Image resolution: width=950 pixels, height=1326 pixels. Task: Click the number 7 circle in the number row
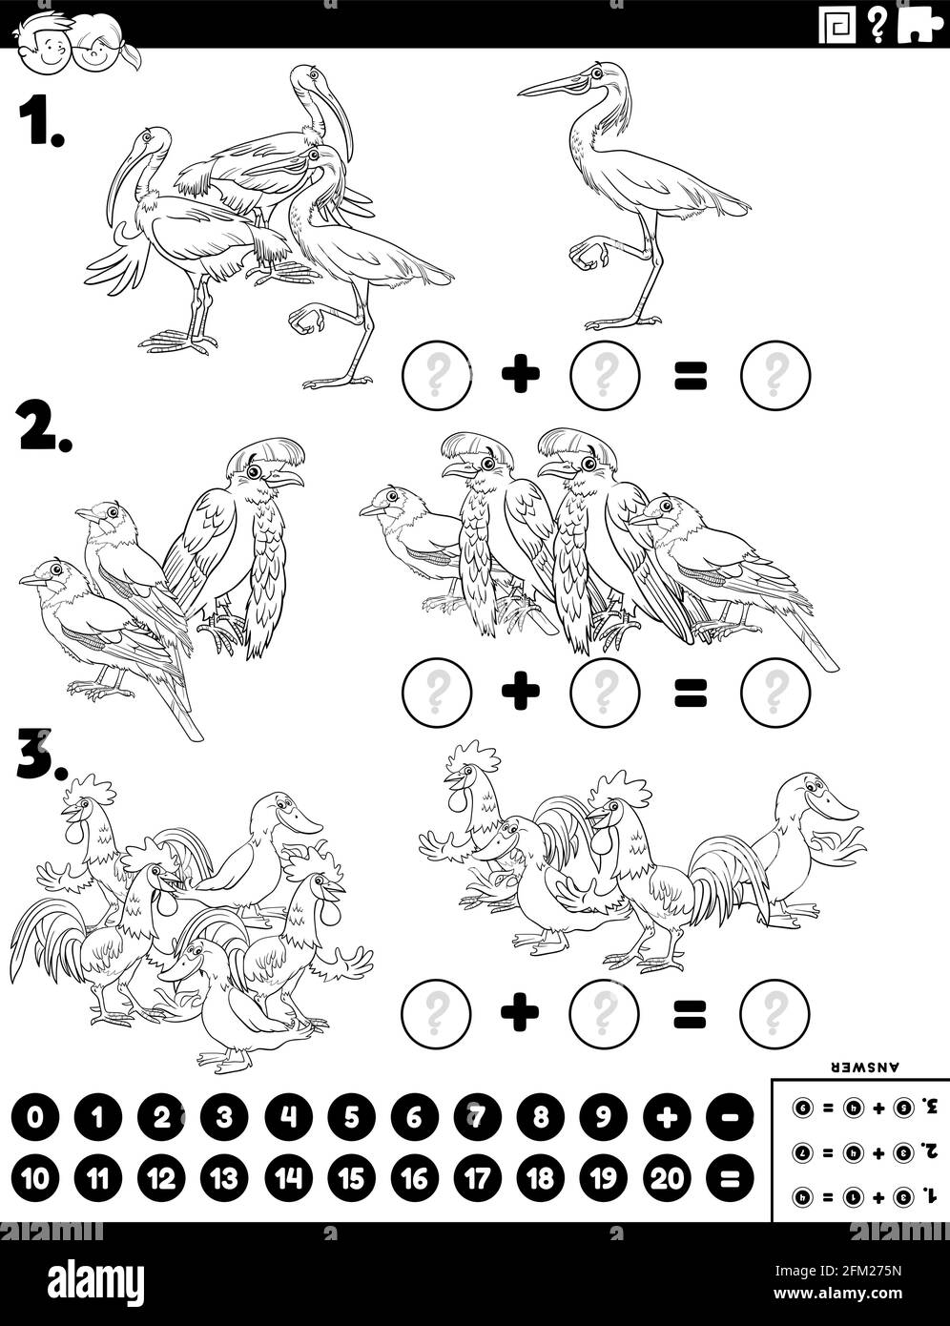(477, 1117)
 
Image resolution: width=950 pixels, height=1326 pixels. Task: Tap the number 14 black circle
(288, 1179)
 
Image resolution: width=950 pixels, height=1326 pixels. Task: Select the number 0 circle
(35, 1117)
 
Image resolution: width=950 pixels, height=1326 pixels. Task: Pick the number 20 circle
(668, 1179)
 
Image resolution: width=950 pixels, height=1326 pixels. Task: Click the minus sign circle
(731, 1117)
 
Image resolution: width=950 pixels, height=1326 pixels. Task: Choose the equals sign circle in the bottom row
(731, 1179)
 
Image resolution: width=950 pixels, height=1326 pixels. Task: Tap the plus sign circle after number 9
(668, 1117)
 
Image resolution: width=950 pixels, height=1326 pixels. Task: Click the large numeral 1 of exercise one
(41, 122)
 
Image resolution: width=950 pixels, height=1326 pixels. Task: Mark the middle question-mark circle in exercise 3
(603, 1012)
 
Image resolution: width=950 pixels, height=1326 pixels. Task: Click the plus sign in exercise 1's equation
(520, 374)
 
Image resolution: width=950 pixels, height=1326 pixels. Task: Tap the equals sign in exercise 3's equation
(689, 1013)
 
